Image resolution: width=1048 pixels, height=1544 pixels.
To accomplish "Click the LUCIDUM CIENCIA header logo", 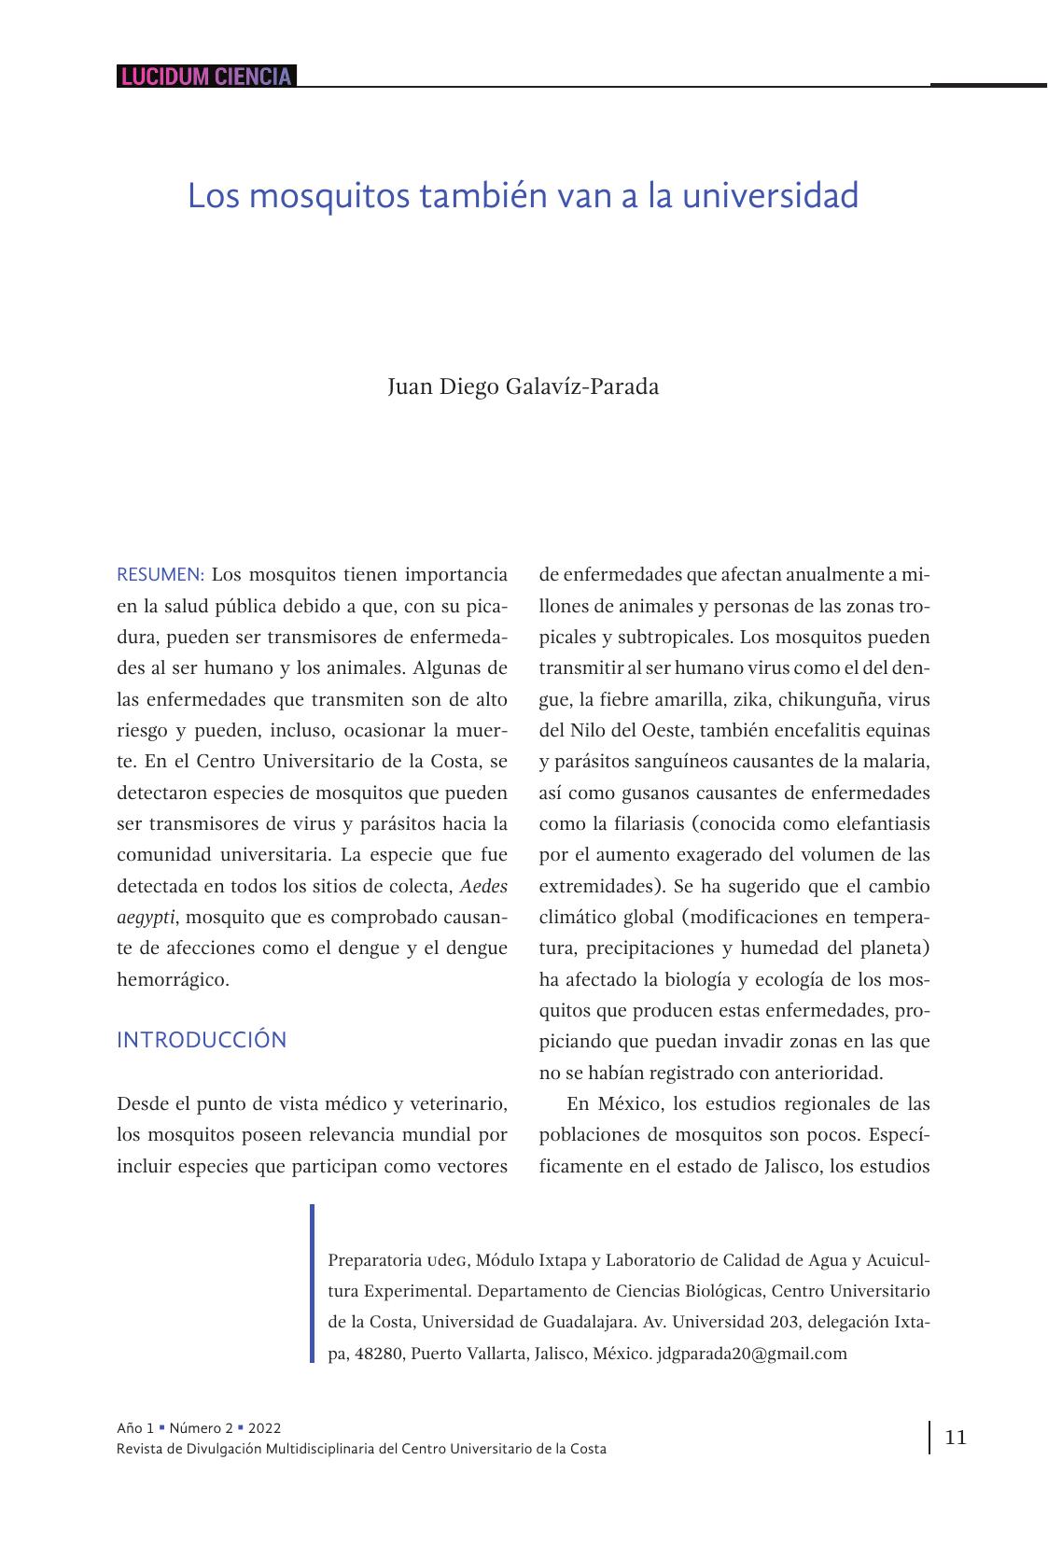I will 206,77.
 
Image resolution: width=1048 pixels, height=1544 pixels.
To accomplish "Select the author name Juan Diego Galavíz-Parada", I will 523,386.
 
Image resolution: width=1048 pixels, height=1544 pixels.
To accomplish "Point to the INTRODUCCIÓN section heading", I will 202,1040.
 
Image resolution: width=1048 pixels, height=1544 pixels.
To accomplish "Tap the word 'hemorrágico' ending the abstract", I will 172,979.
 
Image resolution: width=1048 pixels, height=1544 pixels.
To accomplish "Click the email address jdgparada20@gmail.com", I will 752,1353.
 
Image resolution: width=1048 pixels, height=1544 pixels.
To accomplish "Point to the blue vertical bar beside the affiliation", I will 313,1284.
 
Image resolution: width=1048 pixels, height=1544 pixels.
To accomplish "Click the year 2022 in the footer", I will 264,1428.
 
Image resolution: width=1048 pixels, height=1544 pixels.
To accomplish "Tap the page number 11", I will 956,1437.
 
